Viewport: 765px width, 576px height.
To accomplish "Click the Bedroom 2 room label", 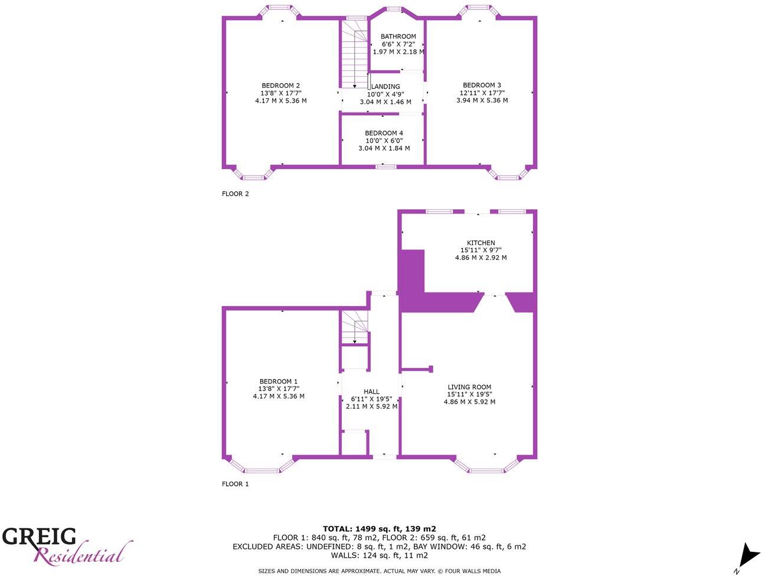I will [281, 86].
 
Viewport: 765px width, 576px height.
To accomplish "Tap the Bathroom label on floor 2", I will [398, 37].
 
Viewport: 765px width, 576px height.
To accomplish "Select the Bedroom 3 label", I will [482, 85].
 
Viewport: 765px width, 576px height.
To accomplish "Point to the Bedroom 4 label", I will [384, 133].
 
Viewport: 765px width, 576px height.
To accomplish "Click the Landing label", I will [385, 87].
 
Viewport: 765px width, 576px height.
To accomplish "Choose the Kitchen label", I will [480, 243].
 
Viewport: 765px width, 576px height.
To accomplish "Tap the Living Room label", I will [469, 387].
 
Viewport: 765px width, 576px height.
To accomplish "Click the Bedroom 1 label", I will [279, 381].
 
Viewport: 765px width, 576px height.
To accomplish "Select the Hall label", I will [371, 391].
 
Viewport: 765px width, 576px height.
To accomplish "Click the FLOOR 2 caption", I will [236, 193].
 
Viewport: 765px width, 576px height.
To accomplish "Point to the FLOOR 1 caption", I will [236, 484].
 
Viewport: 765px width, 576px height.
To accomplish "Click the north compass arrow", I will [748, 555].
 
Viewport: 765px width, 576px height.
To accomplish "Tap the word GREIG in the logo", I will [40, 536].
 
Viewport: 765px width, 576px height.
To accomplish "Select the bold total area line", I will [379, 529].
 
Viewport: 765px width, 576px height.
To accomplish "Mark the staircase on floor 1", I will [354, 327].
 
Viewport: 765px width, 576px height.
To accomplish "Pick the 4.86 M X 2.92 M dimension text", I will [480, 258].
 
